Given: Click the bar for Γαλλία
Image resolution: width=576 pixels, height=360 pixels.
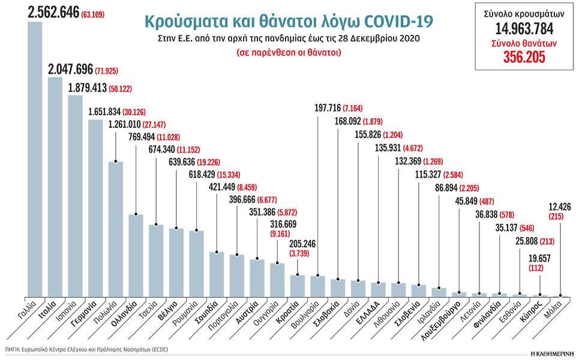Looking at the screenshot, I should coord(35,159).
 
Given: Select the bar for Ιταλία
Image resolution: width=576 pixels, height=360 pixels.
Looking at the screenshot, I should coord(55,186).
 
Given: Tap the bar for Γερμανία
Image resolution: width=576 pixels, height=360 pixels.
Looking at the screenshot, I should coord(95,208).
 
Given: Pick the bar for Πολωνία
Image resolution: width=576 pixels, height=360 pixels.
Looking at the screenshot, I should coord(115,229).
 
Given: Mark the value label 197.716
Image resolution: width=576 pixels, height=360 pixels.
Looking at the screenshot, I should coord(327,108).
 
